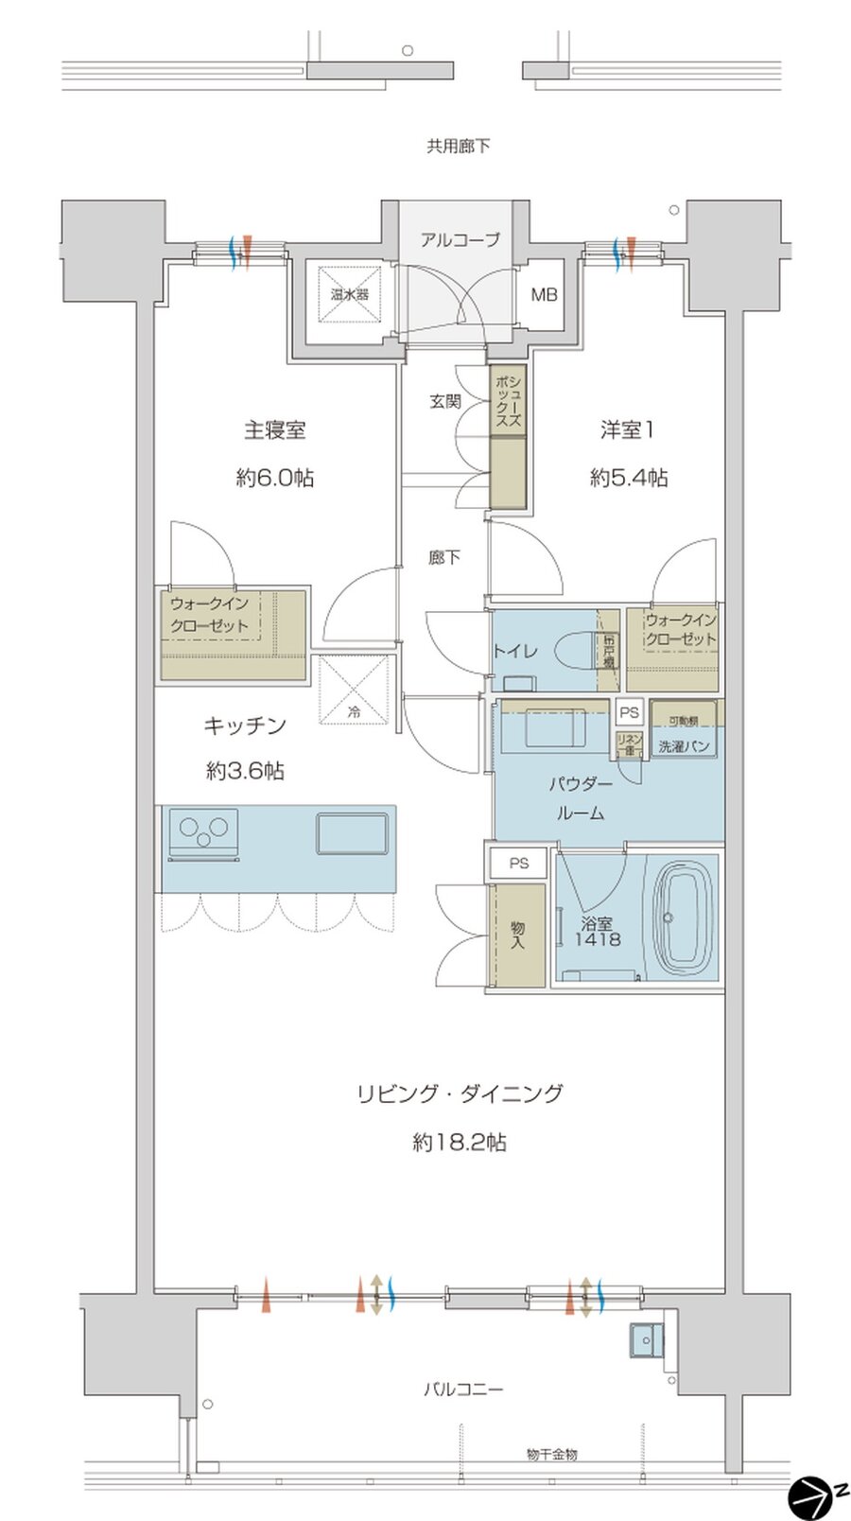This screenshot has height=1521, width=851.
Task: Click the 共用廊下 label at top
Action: pyautogui.click(x=458, y=147)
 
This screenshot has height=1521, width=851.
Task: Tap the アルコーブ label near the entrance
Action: pyautogui.click(x=460, y=240)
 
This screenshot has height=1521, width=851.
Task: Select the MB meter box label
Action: pyautogui.click(x=543, y=295)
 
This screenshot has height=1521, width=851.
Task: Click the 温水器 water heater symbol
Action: pyautogui.click(x=349, y=294)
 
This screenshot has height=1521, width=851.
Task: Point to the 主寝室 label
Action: pyautogui.click(x=274, y=430)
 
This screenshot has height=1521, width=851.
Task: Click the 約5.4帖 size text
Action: pyautogui.click(x=629, y=479)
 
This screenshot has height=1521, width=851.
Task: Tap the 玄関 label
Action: pyautogui.click(x=444, y=401)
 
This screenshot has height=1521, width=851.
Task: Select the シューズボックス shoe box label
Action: pyautogui.click(x=508, y=401)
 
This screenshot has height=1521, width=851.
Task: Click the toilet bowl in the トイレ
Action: pyautogui.click(x=573, y=650)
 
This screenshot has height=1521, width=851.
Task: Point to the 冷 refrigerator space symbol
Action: pyautogui.click(x=354, y=692)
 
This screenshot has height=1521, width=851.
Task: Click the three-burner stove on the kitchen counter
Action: pyautogui.click(x=202, y=831)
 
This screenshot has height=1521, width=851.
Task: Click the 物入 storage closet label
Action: pyautogui.click(x=517, y=935)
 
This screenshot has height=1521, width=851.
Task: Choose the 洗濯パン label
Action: pyautogui.click(x=684, y=746)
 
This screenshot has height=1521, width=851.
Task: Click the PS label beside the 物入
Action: pyautogui.click(x=518, y=863)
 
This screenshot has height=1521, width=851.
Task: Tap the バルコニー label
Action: pyautogui.click(x=462, y=1390)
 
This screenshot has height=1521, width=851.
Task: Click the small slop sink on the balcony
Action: pyautogui.click(x=647, y=1339)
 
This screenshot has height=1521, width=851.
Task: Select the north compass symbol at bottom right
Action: pyautogui.click(x=809, y=1495)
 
